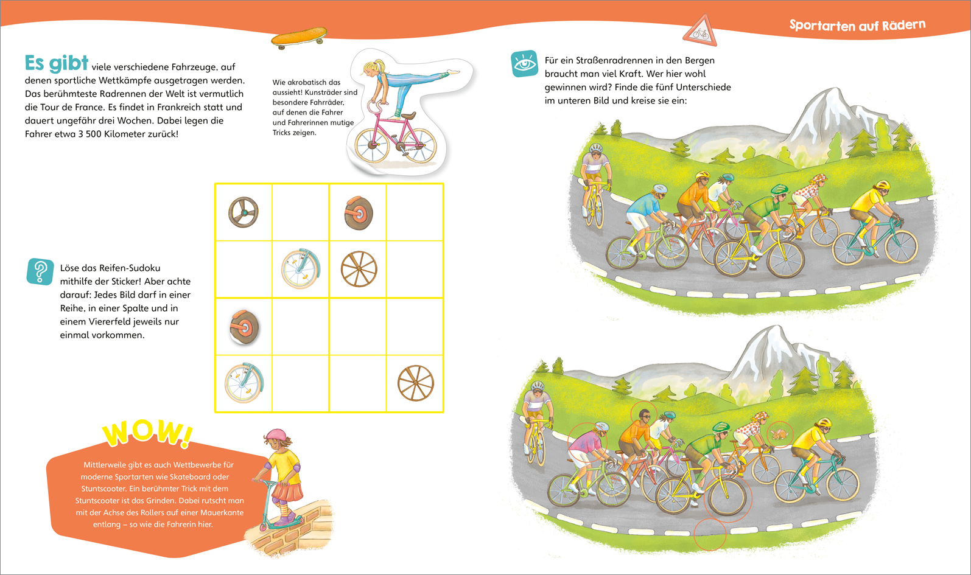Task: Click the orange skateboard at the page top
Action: (299, 37)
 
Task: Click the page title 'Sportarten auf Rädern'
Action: (857, 25)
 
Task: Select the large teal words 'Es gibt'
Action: (57, 63)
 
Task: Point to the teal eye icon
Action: (525, 64)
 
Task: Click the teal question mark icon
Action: (40, 272)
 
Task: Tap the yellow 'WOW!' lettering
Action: (147, 433)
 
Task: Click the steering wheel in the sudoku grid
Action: (244, 212)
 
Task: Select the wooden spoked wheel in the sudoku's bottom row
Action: (415, 383)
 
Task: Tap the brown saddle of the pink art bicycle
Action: (408, 116)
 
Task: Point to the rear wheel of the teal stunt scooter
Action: (263, 528)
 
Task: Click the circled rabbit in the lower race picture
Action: (779, 434)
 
